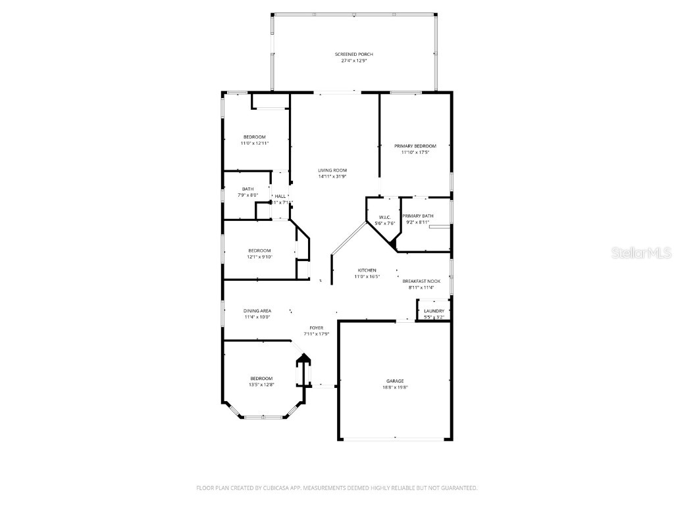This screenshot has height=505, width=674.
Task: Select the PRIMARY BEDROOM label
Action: coord(415,145)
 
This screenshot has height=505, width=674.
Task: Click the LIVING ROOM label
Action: coord(332,170)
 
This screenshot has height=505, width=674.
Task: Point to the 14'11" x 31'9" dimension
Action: coord(332,176)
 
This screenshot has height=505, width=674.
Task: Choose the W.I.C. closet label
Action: coord(384,217)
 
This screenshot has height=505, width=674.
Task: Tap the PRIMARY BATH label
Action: coord(418,216)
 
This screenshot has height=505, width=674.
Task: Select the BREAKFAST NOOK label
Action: coord(421,281)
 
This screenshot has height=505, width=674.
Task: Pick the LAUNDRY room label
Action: coord(434,311)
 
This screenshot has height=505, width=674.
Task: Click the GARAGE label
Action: coord(395,381)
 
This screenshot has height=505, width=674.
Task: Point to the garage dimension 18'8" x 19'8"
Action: coord(395,387)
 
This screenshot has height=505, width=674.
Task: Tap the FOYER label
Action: coord(316,327)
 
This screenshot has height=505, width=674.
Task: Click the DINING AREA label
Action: coord(257,310)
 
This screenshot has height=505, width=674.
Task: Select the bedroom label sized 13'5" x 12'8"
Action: coord(261,378)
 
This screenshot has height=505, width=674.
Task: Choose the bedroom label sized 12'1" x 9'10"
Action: coord(259,250)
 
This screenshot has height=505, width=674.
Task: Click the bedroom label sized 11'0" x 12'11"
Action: coord(253,137)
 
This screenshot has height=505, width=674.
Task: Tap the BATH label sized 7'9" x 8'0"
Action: coord(247,189)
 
